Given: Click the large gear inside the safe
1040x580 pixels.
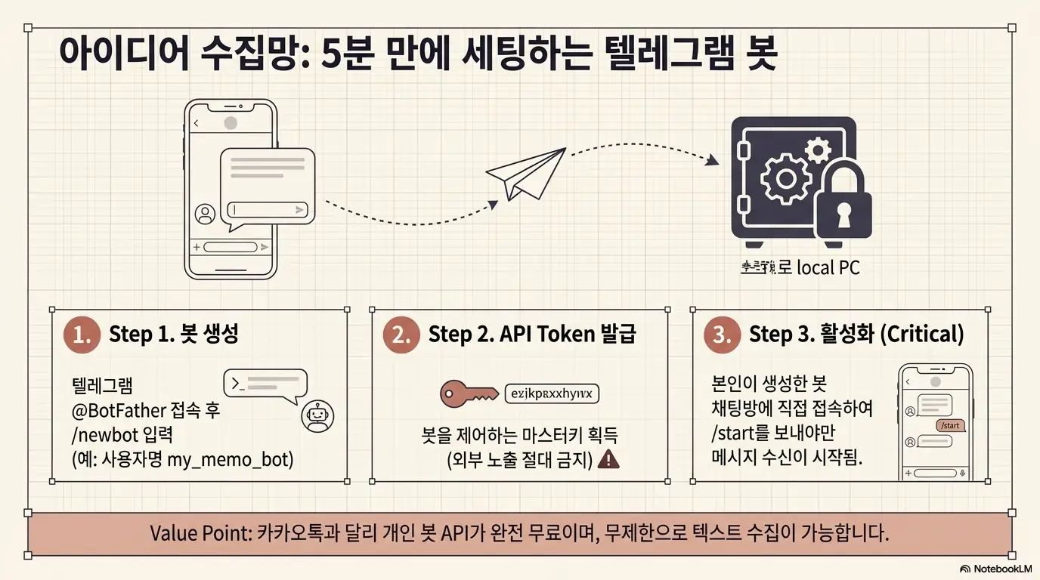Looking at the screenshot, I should tap(785, 177).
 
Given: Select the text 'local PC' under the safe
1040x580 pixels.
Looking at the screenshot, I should tap(828, 267).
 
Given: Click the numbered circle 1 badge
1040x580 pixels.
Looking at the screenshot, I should tap(82, 335).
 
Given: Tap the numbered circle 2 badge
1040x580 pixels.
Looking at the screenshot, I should tap(401, 335).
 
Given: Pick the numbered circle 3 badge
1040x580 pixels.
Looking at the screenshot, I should tap(722, 335).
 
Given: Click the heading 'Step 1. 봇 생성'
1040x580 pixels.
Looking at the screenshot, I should tap(174, 334).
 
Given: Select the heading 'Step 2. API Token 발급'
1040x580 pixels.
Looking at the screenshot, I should tap(532, 334).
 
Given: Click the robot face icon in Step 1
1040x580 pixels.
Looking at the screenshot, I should tap(317, 417).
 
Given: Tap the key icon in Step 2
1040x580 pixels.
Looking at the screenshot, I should tap(469, 393).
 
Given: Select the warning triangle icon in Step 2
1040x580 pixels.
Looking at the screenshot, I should tap(608, 459).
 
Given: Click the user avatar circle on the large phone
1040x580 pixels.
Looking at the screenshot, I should tap(205, 214).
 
